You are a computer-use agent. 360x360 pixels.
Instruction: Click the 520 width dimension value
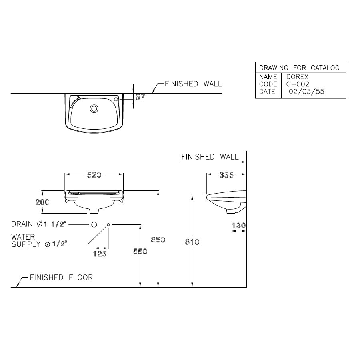pyautogui.click(x=94, y=174)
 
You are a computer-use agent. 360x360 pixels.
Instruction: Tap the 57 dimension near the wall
pyautogui.click(x=140, y=97)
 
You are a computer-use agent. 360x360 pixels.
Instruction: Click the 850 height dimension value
pyautogui.click(x=158, y=240)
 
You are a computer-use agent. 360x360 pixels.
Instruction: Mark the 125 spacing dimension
pyautogui.click(x=100, y=254)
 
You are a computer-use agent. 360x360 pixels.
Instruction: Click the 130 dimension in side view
pyautogui.click(x=238, y=226)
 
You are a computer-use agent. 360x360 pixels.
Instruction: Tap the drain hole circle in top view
pyautogui.click(x=94, y=108)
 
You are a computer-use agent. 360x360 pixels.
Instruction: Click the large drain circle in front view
pyautogui.click(x=94, y=225)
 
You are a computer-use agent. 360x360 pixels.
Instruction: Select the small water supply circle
pyautogui.click(x=108, y=225)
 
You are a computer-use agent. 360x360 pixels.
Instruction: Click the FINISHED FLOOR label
pyautogui.click(x=61, y=277)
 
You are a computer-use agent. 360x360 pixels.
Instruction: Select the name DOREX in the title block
pyautogui.click(x=297, y=77)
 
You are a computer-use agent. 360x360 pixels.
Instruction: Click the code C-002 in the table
pyautogui.click(x=298, y=84)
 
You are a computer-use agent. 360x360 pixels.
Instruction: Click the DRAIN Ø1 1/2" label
pyautogui.click(x=39, y=224)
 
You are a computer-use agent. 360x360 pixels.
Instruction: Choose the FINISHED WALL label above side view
pyautogui.click(x=210, y=157)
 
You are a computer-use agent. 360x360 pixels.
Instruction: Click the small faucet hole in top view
pyautogui.click(x=116, y=98)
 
